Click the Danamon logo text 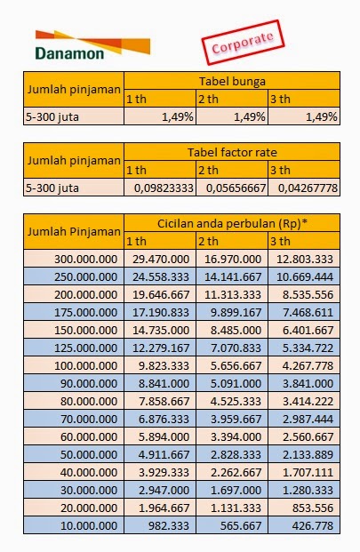pos(70,52)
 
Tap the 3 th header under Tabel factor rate pos(279,170)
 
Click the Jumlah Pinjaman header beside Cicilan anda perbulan pos(73,231)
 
